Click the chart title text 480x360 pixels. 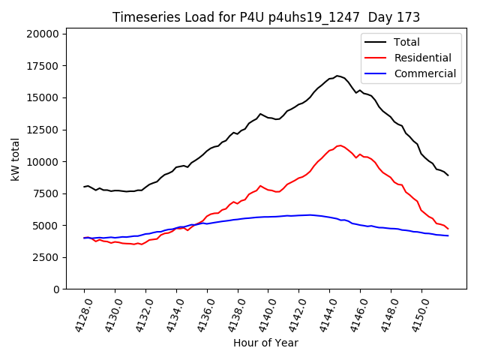tap(266, 17)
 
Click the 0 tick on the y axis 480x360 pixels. tap(56, 289)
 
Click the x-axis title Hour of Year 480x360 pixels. tap(265, 343)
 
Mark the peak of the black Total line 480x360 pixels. tap(337, 76)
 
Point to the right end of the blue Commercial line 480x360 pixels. tap(448, 235)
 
